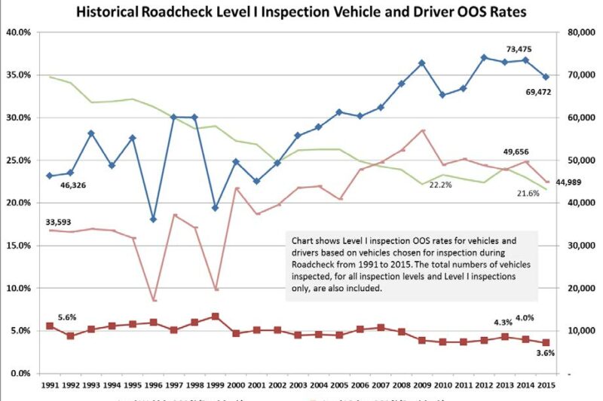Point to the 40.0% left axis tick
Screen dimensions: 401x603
point(18,32)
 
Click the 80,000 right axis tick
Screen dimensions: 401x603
point(570,32)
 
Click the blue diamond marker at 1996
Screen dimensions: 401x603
point(153,219)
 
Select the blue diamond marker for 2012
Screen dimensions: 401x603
point(484,57)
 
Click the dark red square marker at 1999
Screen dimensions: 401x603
point(215,317)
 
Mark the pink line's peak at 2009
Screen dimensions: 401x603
point(422,130)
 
